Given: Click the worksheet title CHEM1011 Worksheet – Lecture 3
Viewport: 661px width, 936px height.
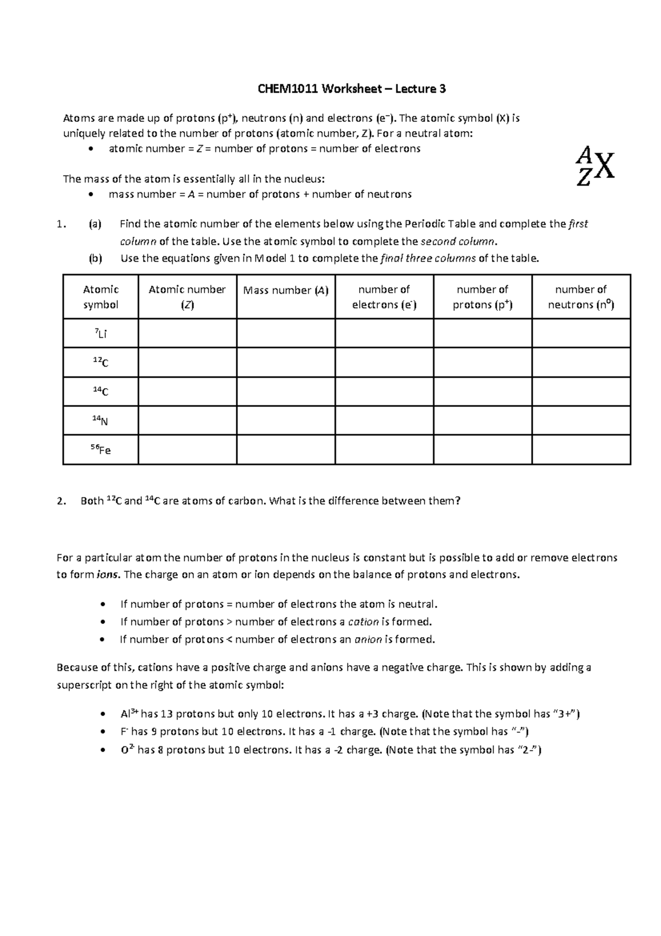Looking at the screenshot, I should pyautogui.click(x=352, y=89).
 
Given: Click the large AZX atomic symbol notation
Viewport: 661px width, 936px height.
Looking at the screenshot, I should pyautogui.click(x=594, y=165).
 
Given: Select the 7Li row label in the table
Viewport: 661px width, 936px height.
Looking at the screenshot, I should pyautogui.click(x=100, y=333).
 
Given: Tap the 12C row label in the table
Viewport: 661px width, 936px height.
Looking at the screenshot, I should pyautogui.click(x=100, y=362).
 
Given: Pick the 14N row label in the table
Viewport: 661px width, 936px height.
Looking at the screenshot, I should pyautogui.click(x=100, y=421).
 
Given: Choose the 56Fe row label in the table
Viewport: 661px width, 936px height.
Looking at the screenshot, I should pyautogui.click(x=100, y=450).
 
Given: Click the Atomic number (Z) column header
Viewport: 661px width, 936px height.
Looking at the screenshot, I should pyautogui.click(x=187, y=297).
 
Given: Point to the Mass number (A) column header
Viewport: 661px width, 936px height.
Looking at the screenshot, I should pyautogui.click(x=285, y=291).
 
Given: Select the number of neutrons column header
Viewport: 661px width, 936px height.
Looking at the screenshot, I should pyautogui.click(x=581, y=297).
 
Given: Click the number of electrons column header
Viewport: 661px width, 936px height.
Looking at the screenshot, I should pyautogui.click(x=384, y=297).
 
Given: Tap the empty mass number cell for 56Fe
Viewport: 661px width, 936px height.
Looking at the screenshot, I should pyautogui.click(x=285, y=450).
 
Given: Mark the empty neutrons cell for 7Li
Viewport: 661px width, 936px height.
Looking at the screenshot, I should pyautogui.click(x=581, y=333).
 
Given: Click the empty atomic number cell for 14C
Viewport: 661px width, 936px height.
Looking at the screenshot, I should pyautogui.click(x=187, y=392).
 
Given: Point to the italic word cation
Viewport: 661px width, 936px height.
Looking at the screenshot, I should pyautogui.click(x=363, y=622).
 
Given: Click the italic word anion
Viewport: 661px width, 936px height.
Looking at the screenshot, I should pyautogui.click(x=368, y=639).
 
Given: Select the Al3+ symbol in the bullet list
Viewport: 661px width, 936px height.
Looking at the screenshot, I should pyautogui.click(x=129, y=714).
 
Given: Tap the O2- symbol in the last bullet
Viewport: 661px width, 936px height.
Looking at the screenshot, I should pyautogui.click(x=127, y=750).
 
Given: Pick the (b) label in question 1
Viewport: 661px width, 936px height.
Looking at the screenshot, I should pyautogui.click(x=95, y=259).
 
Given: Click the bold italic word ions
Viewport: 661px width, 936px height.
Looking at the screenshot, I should pyautogui.click(x=107, y=575).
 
